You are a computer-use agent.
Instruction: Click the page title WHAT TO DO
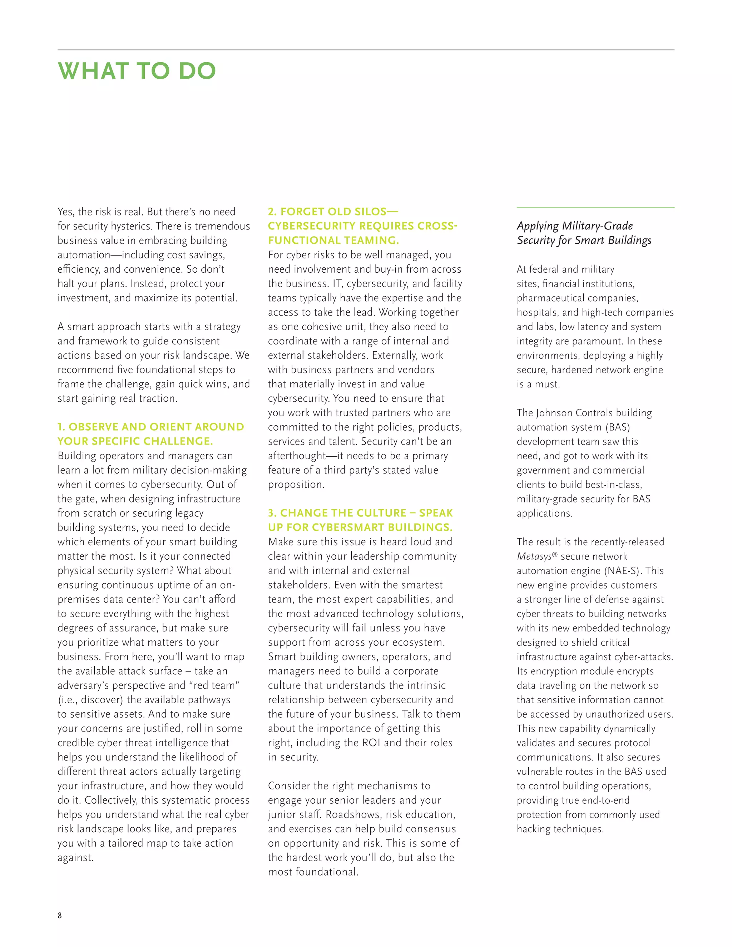(137, 71)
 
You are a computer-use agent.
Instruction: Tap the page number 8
(60, 915)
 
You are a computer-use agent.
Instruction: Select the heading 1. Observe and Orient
(150, 434)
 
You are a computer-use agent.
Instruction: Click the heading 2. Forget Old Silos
(362, 226)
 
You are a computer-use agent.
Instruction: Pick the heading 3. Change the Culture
(360, 520)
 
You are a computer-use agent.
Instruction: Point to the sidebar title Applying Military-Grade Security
(584, 233)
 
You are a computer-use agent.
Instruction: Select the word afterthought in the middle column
(297, 456)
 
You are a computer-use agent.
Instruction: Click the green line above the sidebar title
(595, 208)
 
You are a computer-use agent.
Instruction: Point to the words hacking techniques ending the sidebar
(559, 829)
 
